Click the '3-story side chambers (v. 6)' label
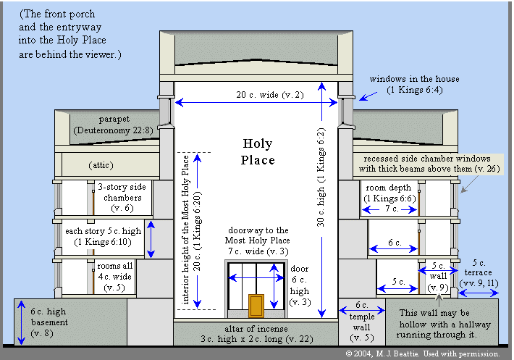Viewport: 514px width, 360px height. coord(120,197)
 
